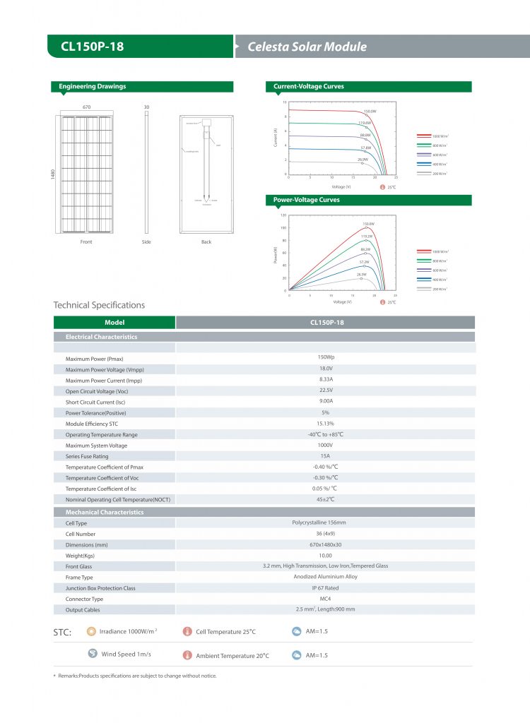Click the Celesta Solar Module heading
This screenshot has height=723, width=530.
pos(307,47)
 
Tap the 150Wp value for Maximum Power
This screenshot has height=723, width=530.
pos(326,357)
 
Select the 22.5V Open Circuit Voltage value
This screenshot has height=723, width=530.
pos(326,390)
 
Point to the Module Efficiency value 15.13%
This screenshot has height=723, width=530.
pos(326,423)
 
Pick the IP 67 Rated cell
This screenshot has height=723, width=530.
pos(326,587)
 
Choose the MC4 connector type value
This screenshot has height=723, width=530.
pos(326,599)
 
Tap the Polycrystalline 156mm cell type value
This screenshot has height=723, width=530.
pos(326,522)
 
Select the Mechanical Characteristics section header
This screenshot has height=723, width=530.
pos(105,512)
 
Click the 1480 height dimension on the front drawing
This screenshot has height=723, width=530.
pos(53,174)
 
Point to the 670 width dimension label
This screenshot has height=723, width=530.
pos(86,107)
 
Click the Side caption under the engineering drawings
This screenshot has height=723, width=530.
pos(146,242)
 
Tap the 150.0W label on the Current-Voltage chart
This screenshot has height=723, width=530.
pos(370,112)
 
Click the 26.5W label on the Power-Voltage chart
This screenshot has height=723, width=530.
pos(361,274)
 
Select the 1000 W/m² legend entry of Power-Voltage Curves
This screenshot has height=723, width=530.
pos(440,251)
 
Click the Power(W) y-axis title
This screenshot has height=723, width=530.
pos(276,255)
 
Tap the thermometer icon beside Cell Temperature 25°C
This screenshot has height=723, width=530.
pos(187,631)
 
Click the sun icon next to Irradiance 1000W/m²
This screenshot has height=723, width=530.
pos(91,631)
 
